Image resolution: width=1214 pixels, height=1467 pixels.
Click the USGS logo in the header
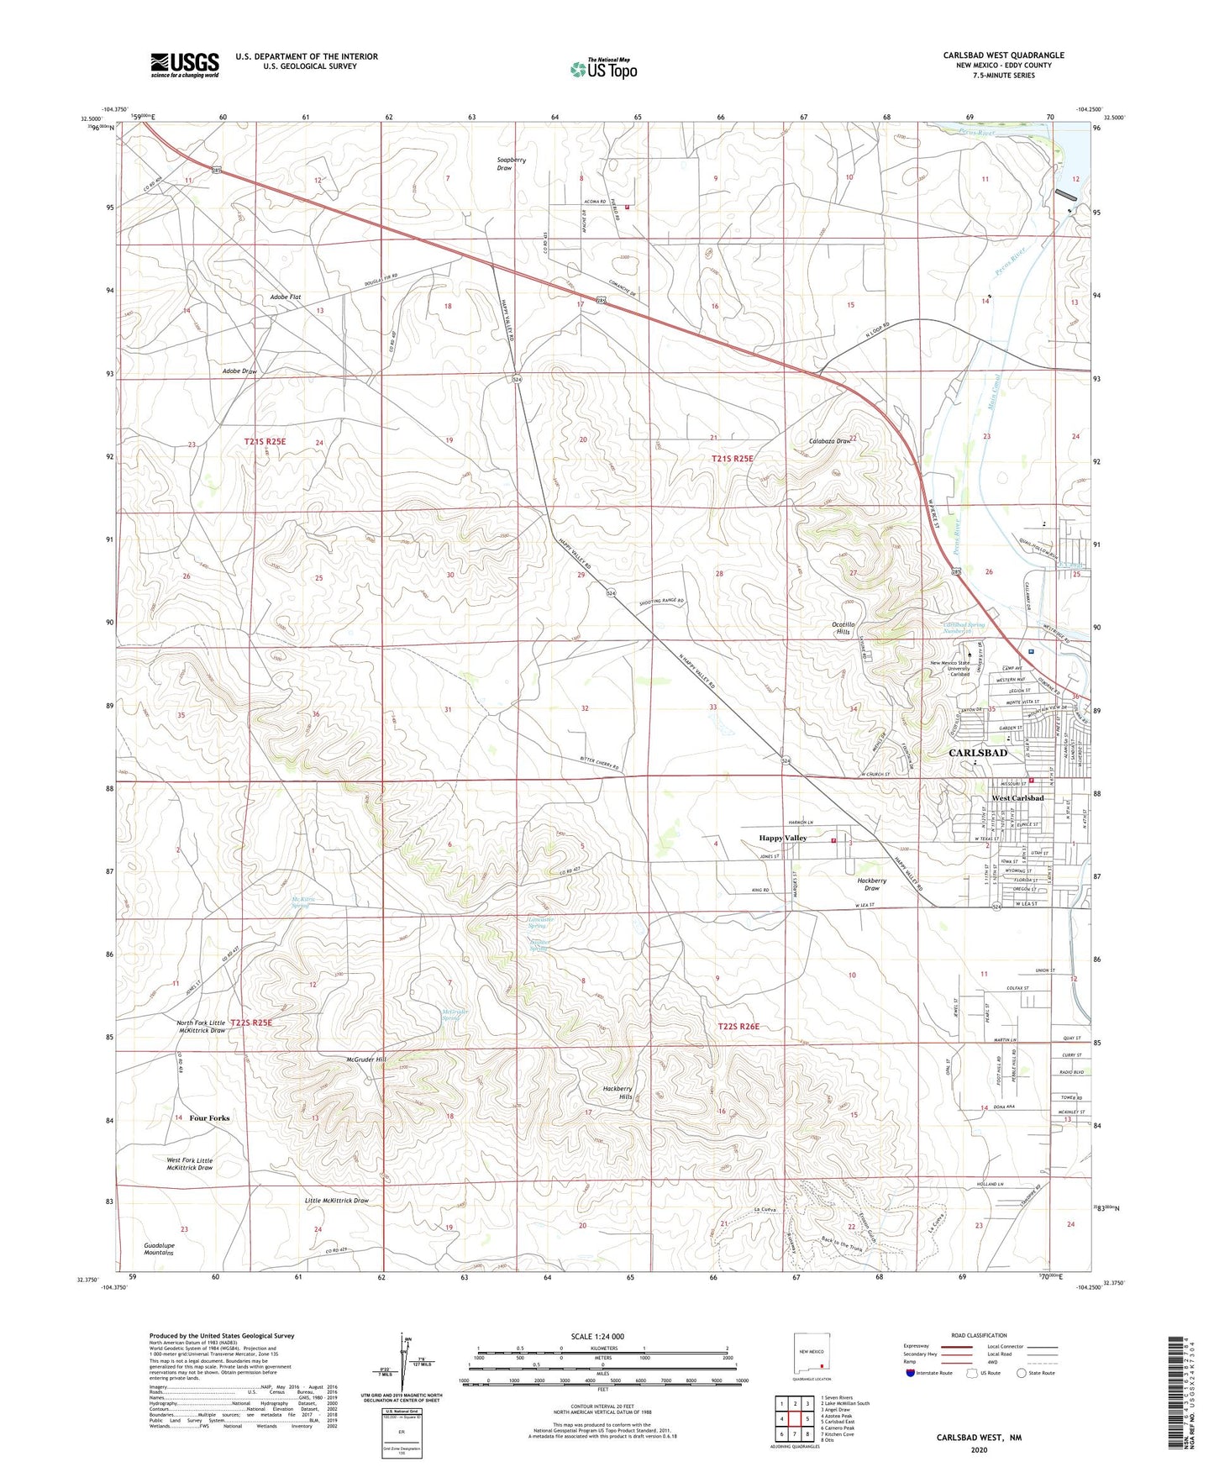point(185,65)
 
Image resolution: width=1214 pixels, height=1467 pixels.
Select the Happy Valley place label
point(782,838)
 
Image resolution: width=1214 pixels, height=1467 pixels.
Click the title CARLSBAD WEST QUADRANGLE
point(1003,55)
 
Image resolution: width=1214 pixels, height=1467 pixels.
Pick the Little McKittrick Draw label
point(336,1201)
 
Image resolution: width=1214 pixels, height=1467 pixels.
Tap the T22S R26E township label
point(744,1027)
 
